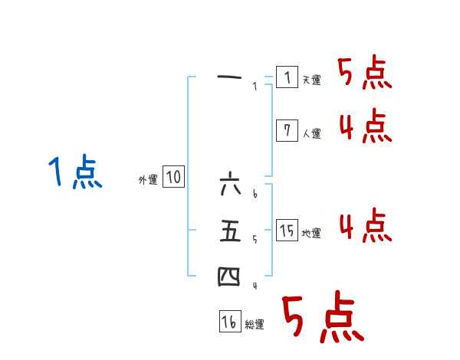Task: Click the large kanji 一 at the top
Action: (230, 77)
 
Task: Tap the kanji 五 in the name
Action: (230, 231)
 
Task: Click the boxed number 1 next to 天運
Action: (287, 78)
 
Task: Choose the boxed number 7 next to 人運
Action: (287, 131)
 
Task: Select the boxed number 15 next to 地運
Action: (287, 231)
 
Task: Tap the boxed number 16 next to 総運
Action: (229, 322)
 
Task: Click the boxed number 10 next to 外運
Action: (173, 178)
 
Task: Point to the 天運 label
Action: (311, 80)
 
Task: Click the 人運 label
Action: (311, 133)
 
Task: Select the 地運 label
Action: (311, 233)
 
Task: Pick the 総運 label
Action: (255, 325)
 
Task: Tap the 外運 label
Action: (148, 180)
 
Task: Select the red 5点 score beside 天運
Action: (364, 74)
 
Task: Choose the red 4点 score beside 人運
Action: (365, 126)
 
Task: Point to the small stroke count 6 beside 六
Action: (255, 195)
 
